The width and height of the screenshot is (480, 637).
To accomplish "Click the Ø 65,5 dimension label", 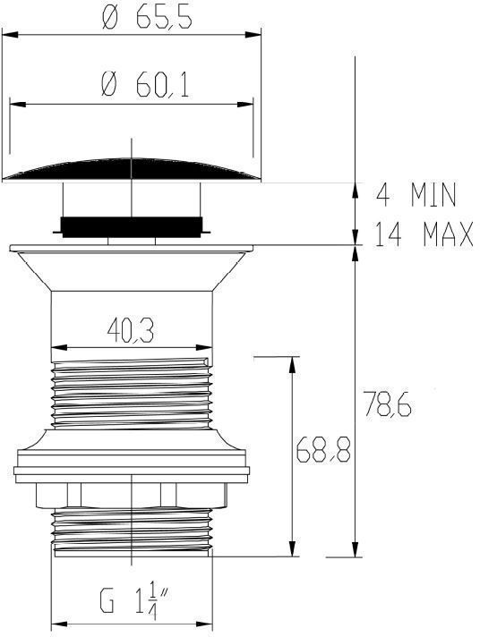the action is click(147, 18).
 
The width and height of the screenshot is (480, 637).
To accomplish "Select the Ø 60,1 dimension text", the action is click(145, 86).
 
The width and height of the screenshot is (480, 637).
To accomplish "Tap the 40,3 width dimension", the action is click(131, 331).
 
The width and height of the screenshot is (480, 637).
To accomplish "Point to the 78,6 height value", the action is click(387, 403).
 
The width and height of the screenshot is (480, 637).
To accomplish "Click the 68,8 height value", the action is click(323, 450).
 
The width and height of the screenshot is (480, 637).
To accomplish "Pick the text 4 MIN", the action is click(416, 195).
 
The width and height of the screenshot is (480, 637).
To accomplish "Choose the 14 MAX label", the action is click(424, 234).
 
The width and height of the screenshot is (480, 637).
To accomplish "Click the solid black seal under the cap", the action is click(132, 226).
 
